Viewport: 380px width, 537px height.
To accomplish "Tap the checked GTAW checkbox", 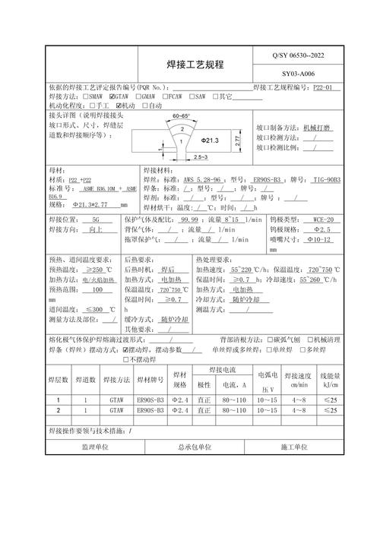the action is [112, 97].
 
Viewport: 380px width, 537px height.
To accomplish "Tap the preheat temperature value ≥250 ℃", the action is [98, 270].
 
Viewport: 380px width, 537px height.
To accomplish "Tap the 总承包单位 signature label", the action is [195, 447].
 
